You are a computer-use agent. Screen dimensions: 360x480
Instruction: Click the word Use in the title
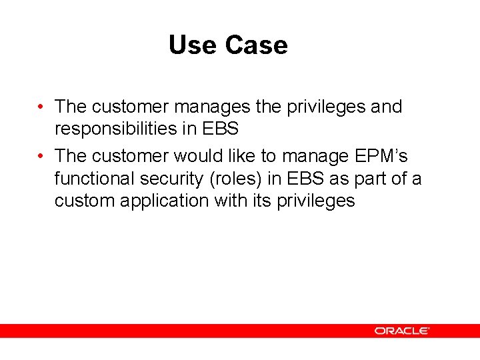click(x=193, y=45)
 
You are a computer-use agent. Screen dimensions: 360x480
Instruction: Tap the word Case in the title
click(x=256, y=45)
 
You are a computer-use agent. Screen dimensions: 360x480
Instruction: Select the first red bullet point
click(x=41, y=107)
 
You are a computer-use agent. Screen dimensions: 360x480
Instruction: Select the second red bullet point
click(x=41, y=156)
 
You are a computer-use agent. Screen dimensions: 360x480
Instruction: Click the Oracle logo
click(x=401, y=331)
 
